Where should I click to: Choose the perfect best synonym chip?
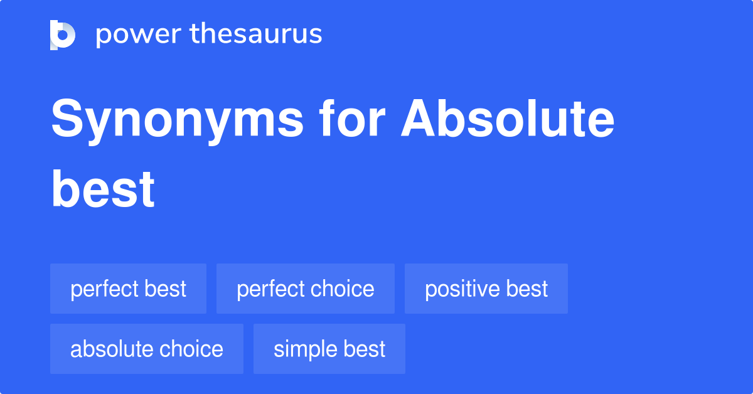(128, 289)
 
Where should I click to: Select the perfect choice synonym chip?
(305, 289)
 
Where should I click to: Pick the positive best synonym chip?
(486, 289)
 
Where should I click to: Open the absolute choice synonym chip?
(146, 349)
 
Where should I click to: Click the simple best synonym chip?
(329, 349)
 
